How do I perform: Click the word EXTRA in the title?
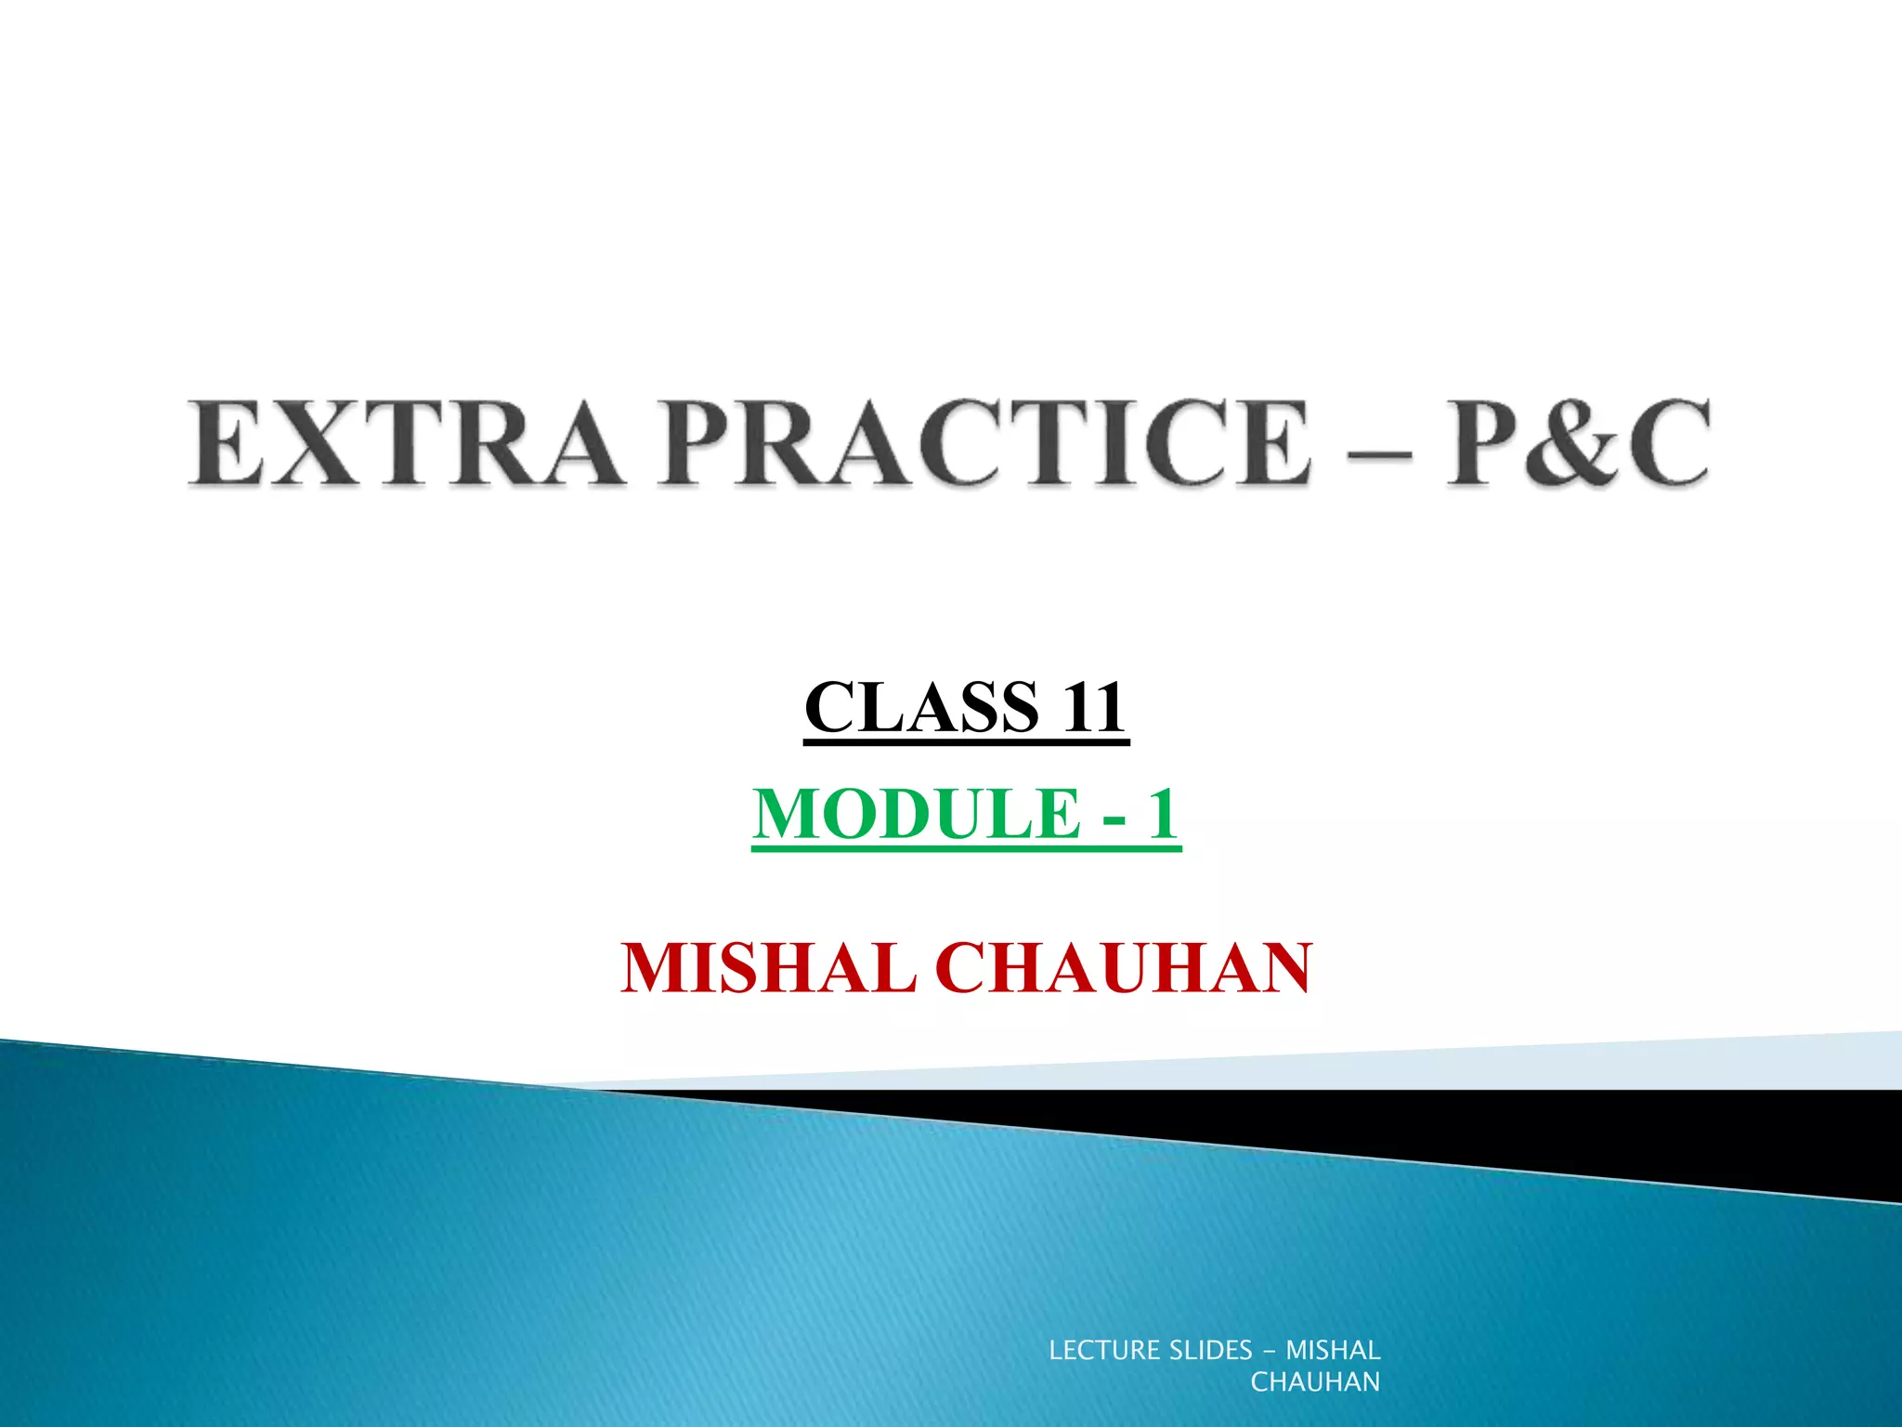click(x=405, y=442)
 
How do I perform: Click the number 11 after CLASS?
click(x=1094, y=708)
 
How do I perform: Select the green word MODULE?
click(x=916, y=814)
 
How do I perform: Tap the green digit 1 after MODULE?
click(x=1162, y=814)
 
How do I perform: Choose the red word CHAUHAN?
click(x=1128, y=968)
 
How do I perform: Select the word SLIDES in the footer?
click(x=1210, y=1350)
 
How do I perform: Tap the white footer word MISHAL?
click(x=1333, y=1350)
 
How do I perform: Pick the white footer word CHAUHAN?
click(x=1315, y=1382)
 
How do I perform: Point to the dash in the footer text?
click(x=1270, y=1351)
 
